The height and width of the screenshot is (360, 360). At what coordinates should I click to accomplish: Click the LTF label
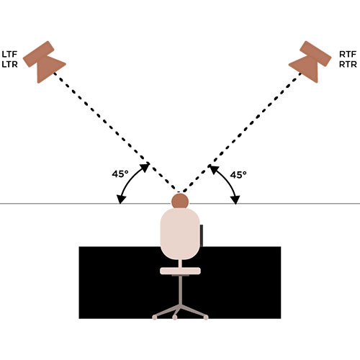click(9, 54)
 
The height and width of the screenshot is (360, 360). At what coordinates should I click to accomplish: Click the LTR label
click(9, 64)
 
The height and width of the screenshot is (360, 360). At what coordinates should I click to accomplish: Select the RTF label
click(348, 54)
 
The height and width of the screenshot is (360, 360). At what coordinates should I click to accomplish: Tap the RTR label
click(348, 64)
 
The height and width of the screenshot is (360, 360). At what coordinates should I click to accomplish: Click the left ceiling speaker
click(44, 61)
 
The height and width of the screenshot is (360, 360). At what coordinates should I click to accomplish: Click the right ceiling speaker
click(310, 61)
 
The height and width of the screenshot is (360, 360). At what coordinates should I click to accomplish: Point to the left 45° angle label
click(120, 174)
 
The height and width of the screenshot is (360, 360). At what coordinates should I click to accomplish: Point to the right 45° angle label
click(238, 175)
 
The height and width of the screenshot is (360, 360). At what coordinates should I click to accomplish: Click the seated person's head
click(180, 201)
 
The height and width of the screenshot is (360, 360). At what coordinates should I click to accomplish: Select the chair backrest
click(180, 234)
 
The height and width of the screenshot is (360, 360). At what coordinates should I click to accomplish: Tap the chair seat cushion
click(180, 271)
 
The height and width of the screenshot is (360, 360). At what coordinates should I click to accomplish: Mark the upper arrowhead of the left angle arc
click(145, 167)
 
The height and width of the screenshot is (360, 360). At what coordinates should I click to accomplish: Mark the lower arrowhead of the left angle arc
click(121, 199)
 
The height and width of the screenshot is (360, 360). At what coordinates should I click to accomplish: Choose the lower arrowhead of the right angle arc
click(235, 200)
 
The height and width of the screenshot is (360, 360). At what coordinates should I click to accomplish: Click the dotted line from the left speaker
click(116, 132)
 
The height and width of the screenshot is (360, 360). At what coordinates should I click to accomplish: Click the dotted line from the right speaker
click(241, 132)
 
